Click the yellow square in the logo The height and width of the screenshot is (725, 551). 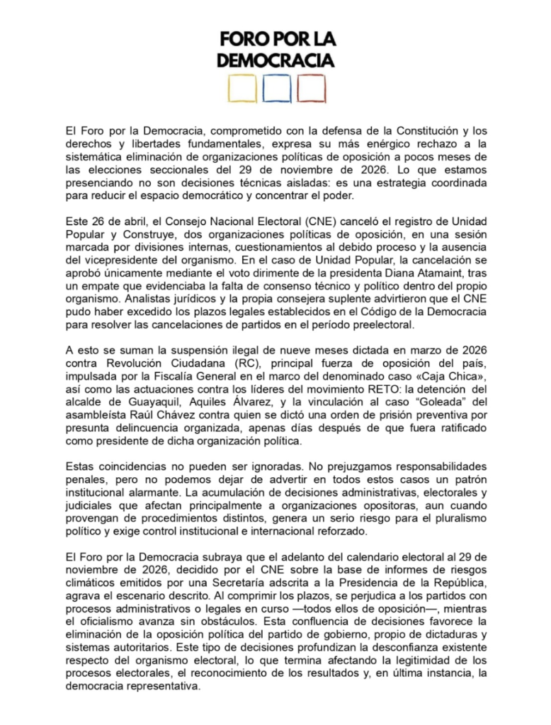point(240,89)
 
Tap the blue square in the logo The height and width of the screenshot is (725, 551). point(275,89)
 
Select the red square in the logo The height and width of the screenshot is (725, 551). point(310,89)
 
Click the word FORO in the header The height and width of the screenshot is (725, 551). point(242,38)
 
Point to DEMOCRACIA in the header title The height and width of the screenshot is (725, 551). point(275,61)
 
